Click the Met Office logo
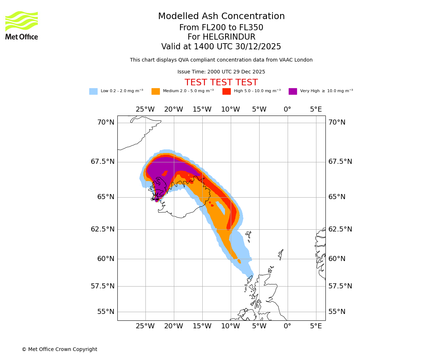(22, 25)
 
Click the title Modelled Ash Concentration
(221, 17)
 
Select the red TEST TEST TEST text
(221, 83)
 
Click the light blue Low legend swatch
(93, 91)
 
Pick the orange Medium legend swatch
(156, 91)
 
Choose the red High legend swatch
(226, 91)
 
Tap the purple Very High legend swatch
(293, 91)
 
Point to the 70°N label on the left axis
(106, 122)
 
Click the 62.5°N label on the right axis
(340, 229)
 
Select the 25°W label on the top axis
(145, 109)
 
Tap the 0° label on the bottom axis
(287, 327)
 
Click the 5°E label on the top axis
(316, 109)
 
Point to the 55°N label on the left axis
(106, 312)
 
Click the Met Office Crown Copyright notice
(59, 350)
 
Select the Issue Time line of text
(221, 72)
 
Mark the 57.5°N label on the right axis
(340, 286)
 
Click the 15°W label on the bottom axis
(202, 327)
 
